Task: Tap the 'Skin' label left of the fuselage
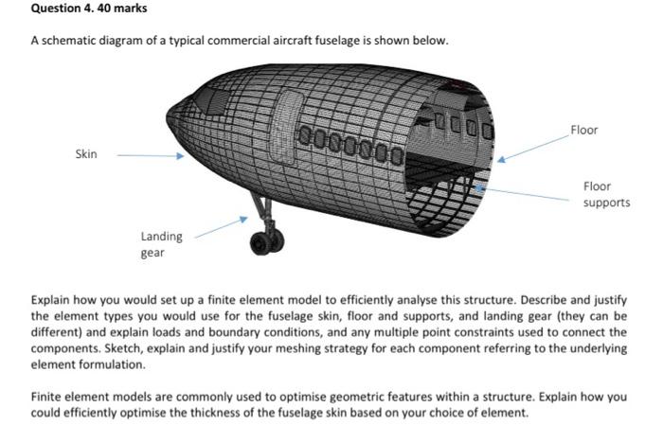point(85,153)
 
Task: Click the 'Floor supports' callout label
point(606,194)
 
